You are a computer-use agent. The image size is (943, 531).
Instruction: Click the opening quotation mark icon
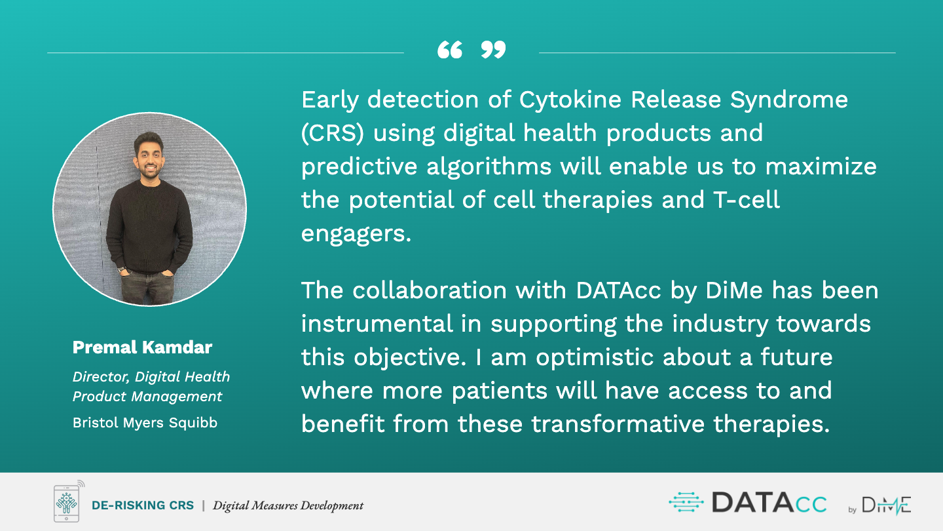(x=450, y=50)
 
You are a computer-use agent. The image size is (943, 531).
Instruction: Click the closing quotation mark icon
(x=493, y=50)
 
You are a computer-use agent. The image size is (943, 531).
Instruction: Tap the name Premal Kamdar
(x=142, y=347)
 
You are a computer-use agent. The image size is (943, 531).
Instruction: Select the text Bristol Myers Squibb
(x=145, y=422)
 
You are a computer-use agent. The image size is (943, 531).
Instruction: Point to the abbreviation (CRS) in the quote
(x=333, y=133)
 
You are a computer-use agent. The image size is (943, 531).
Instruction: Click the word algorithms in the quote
(x=489, y=167)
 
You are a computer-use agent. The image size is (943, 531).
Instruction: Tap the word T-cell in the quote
(x=747, y=200)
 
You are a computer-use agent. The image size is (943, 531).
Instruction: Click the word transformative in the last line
(x=618, y=423)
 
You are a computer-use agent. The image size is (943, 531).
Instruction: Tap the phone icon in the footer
(x=67, y=502)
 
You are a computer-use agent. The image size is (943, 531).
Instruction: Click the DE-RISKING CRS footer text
(x=143, y=505)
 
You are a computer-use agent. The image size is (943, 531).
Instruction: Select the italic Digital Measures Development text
(x=288, y=505)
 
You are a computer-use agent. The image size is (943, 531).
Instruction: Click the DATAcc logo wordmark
(x=769, y=503)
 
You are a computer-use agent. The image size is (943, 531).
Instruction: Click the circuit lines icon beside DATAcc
(x=686, y=502)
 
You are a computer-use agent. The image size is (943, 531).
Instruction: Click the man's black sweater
(x=149, y=227)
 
